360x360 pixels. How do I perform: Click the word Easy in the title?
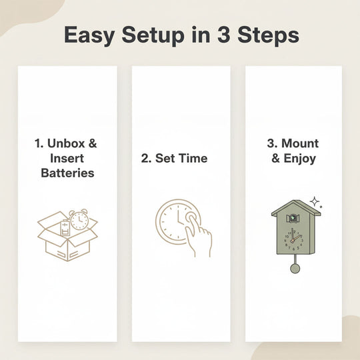point(89,35)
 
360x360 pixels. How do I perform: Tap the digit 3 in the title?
point(223,35)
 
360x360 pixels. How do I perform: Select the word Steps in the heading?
point(268,35)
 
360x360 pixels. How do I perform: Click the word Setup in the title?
point(153,35)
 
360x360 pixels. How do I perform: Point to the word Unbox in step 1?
point(66,143)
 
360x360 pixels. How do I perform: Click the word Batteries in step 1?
point(67,173)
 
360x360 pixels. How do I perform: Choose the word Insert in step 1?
point(67,158)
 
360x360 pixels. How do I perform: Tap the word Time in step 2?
point(193,158)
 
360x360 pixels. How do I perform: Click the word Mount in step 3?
point(300,143)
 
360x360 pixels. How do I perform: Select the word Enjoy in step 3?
point(300,159)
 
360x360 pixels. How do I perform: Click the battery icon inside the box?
point(64,228)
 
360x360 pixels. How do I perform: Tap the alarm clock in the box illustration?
point(79,219)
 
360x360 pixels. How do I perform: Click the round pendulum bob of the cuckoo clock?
point(295,268)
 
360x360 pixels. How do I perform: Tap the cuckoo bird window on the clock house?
point(293,218)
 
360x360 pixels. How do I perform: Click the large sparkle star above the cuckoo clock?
point(315,202)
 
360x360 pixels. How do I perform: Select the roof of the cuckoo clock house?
point(296,208)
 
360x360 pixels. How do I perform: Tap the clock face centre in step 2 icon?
point(178,222)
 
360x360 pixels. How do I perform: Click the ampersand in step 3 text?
point(276,158)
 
